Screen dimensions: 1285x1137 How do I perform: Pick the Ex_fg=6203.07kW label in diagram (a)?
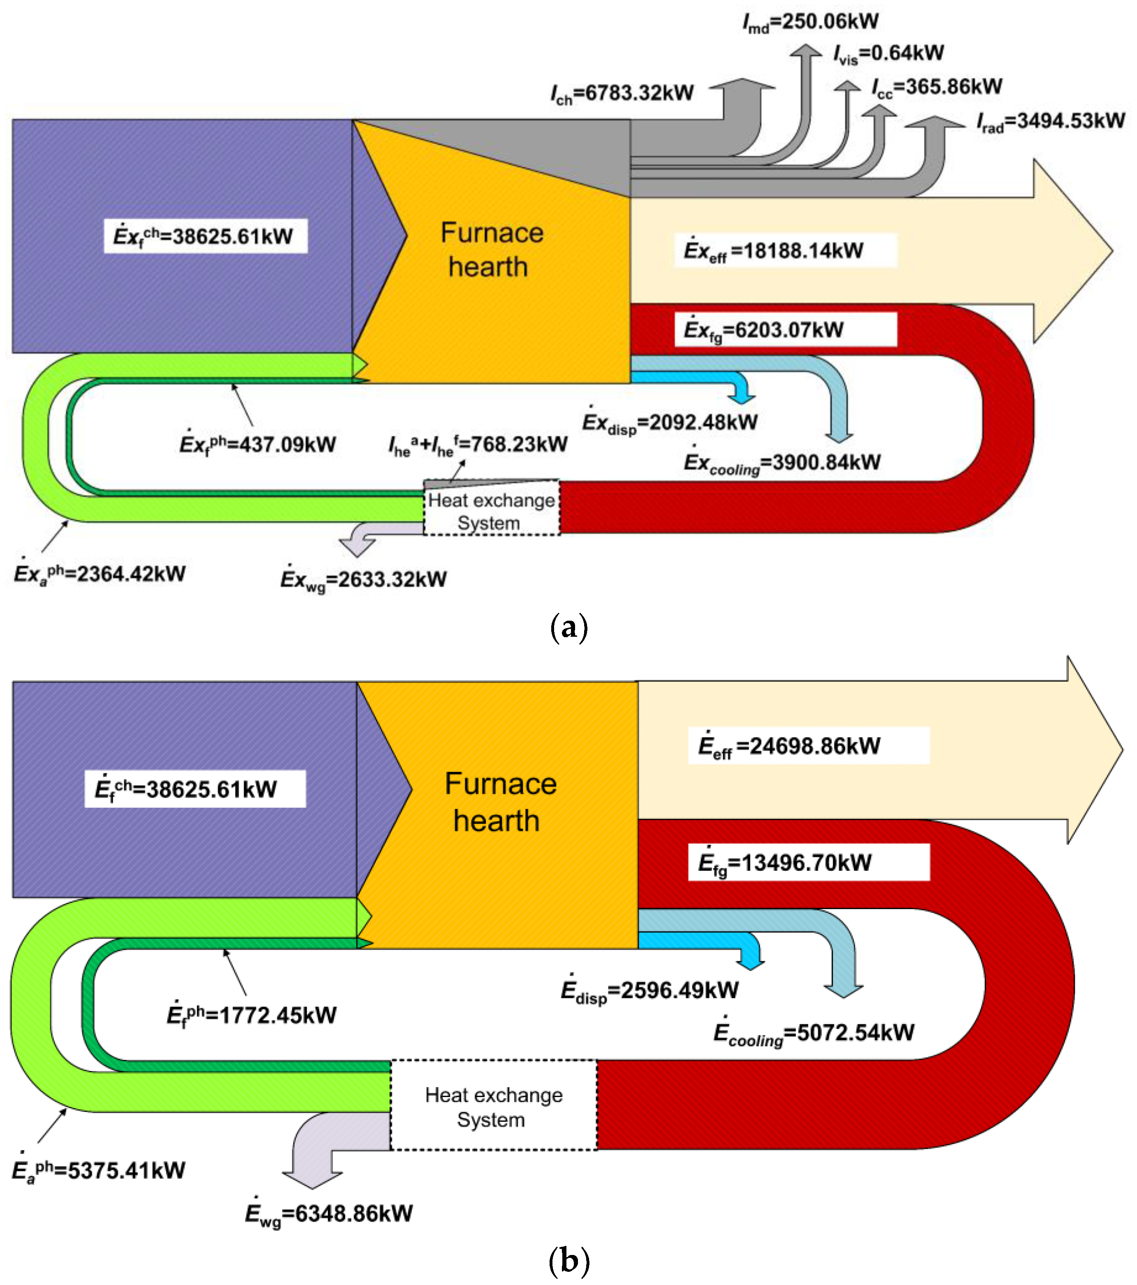click(x=785, y=330)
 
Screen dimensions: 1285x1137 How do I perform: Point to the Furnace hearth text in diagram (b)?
click(x=500, y=802)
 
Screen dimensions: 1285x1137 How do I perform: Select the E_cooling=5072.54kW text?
click(x=813, y=1033)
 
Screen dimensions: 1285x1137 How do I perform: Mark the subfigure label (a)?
click(x=568, y=627)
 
